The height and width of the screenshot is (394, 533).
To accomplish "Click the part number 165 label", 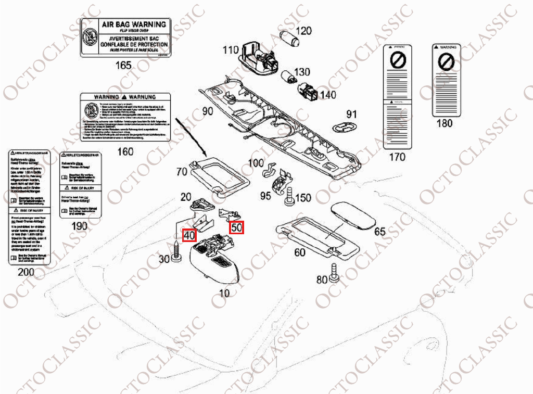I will (123, 66).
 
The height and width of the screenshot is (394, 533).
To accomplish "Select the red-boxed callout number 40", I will (189, 235).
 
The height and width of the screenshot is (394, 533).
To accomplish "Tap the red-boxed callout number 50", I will (237, 227).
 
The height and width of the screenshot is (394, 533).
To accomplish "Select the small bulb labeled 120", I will (287, 38).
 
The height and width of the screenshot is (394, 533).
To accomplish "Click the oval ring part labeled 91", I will (344, 128).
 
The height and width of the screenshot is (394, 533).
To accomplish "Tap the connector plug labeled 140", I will (307, 92).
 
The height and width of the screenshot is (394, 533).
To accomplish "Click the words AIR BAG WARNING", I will (133, 24).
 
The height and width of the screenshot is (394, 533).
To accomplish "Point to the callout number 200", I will (26, 272).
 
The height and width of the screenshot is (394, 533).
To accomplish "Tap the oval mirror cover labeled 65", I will (355, 215).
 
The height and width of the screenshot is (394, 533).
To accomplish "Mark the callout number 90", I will (208, 111).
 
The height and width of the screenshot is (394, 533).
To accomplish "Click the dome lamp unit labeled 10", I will (214, 258).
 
